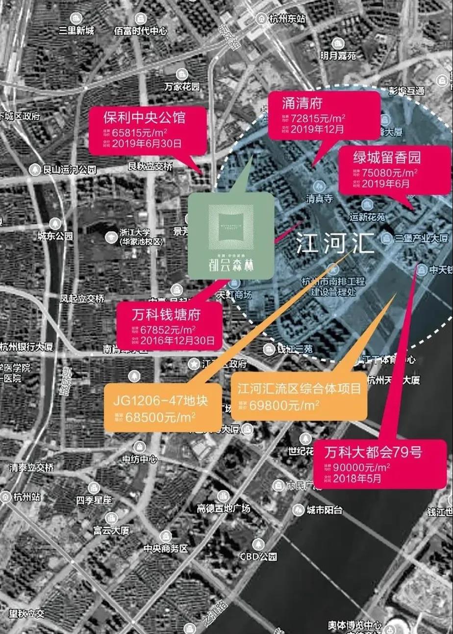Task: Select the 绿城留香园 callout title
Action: (387, 158)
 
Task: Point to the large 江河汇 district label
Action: (335, 242)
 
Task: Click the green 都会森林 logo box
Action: (230, 236)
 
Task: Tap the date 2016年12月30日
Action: (177, 339)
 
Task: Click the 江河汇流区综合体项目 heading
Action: (299, 389)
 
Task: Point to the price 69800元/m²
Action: (284, 405)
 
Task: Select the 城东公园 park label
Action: (55, 236)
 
